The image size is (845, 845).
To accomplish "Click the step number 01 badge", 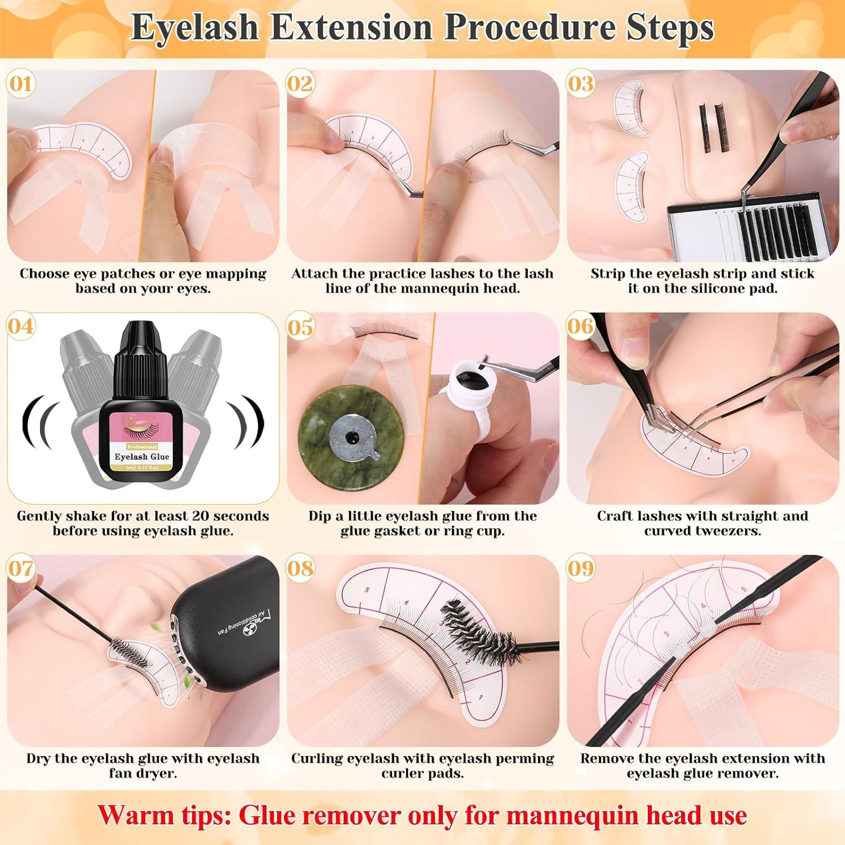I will [x=21, y=84].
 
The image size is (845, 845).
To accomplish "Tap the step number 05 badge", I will [x=300, y=327].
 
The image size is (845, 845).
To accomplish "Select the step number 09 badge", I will [x=581, y=568].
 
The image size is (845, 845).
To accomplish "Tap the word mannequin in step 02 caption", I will [x=453, y=288].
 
